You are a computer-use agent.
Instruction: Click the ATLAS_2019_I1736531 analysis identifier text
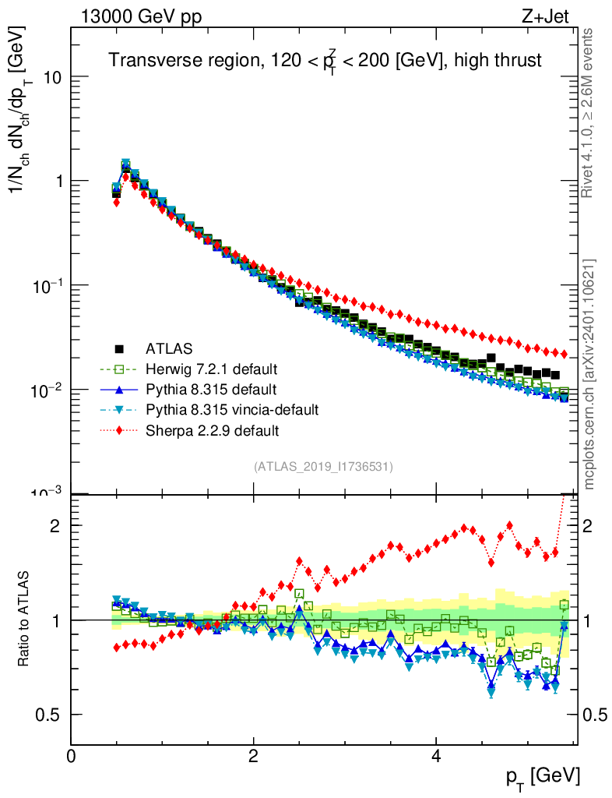point(322,467)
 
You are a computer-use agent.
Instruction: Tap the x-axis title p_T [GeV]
point(543,776)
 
